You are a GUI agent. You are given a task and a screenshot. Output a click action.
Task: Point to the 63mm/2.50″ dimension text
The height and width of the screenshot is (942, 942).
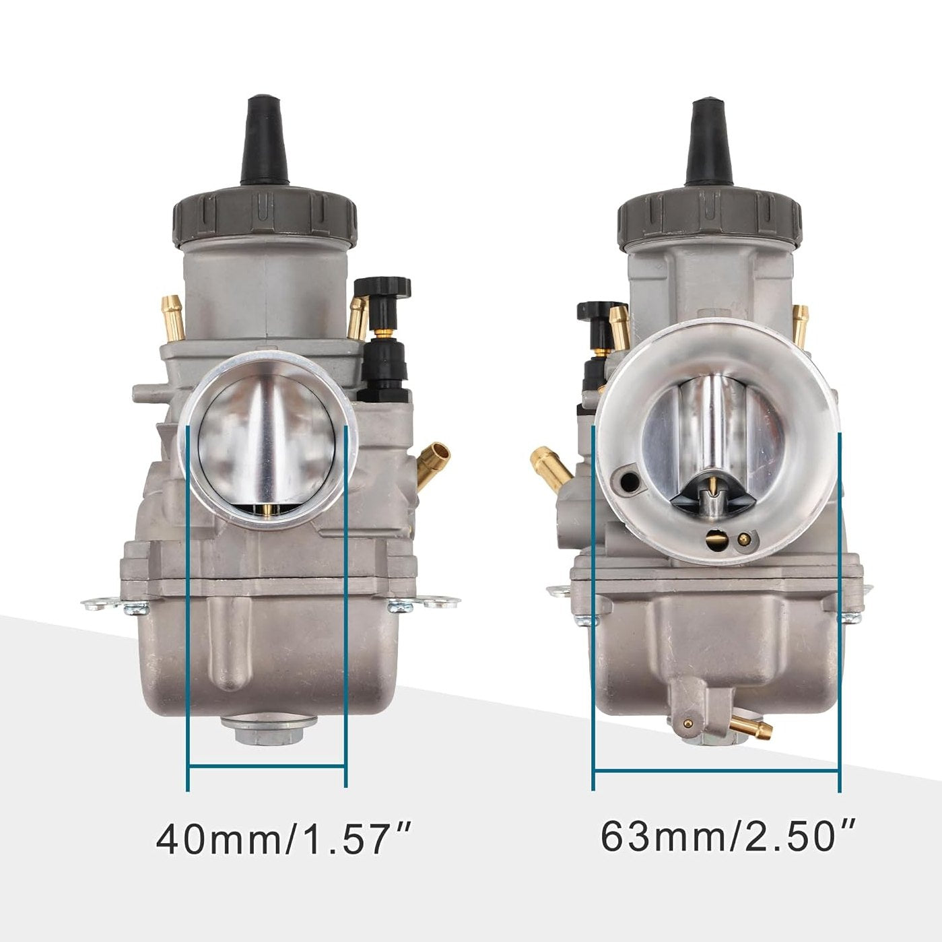(728, 836)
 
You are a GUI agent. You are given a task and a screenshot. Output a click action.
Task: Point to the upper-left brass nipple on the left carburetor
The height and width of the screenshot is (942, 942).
(173, 317)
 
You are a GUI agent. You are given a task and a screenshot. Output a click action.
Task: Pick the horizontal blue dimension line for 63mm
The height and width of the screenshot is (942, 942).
(716, 770)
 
